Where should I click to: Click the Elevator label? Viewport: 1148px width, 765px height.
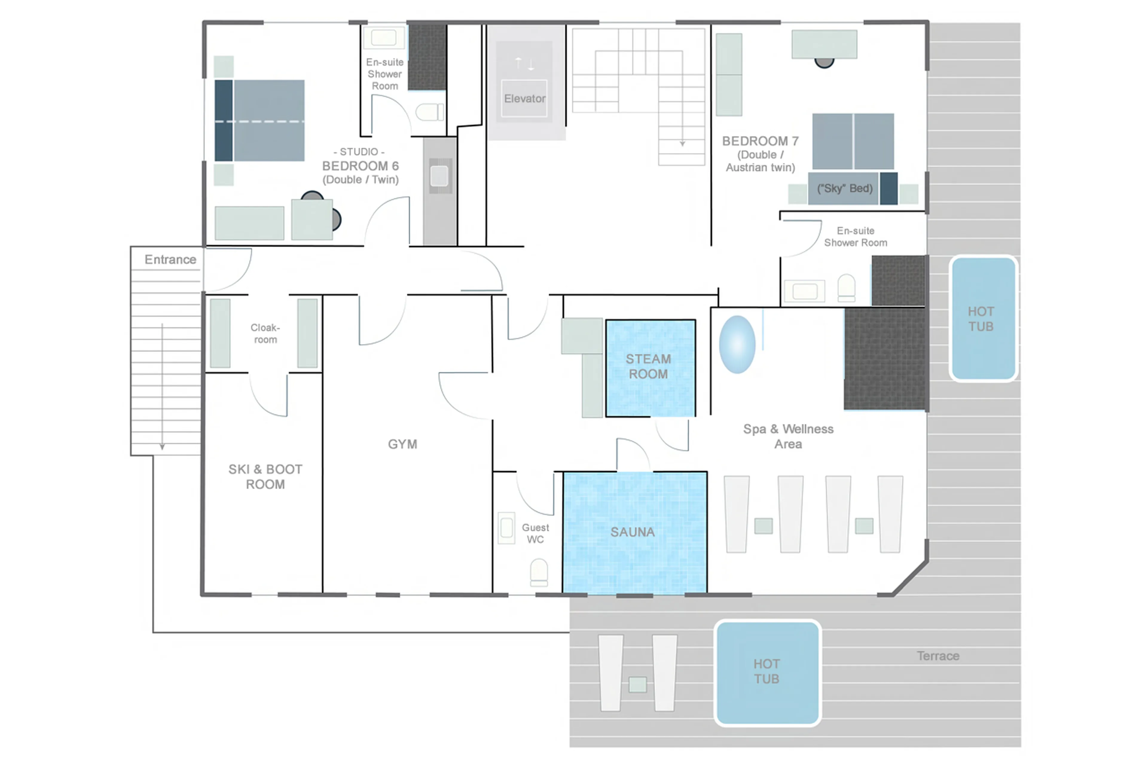[524, 99]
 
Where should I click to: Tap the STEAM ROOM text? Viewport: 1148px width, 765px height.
[648, 367]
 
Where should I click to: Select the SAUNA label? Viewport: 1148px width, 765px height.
[632, 532]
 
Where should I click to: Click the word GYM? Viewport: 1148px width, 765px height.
[402, 444]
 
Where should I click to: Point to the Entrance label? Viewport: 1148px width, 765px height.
[170, 259]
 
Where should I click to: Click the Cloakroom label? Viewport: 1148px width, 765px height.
[265, 333]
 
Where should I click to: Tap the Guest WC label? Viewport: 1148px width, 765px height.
[535, 533]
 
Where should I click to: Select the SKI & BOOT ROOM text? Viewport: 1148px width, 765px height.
[265, 477]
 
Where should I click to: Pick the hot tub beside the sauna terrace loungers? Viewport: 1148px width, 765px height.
[767, 672]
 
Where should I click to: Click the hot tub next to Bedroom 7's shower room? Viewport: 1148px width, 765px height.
[983, 319]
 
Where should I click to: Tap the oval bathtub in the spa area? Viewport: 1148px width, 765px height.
[737, 344]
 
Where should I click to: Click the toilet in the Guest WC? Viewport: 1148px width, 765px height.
[539, 572]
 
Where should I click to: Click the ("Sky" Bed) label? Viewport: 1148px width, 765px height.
[845, 188]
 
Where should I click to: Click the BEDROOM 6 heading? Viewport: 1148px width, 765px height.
[360, 166]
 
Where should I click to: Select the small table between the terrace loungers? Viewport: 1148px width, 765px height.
[637, 685]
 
